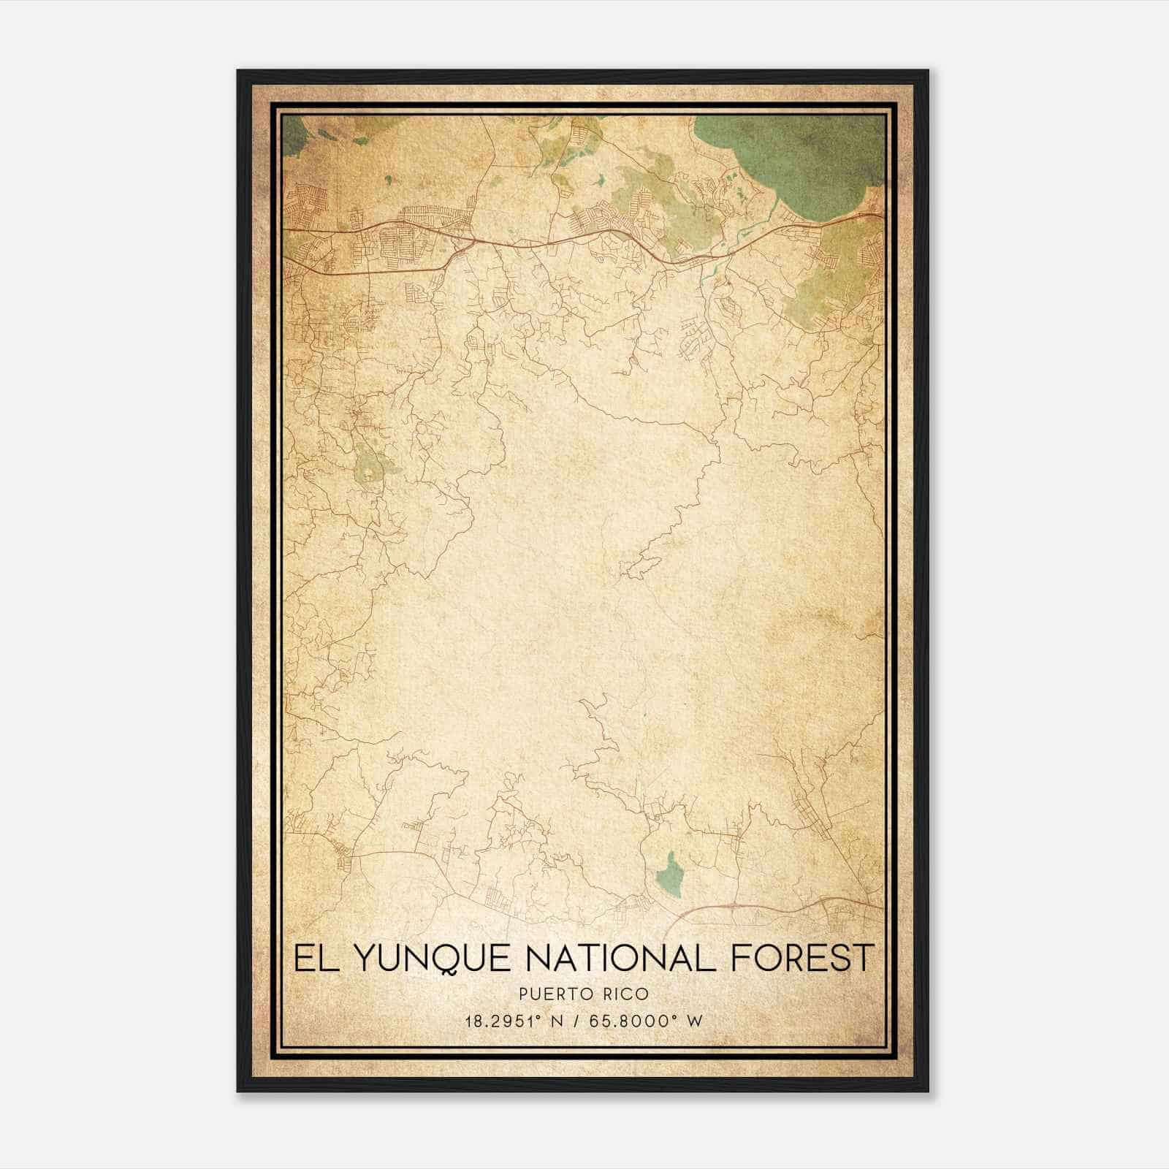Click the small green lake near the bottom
point(669,874)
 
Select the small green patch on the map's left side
point(369,465)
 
